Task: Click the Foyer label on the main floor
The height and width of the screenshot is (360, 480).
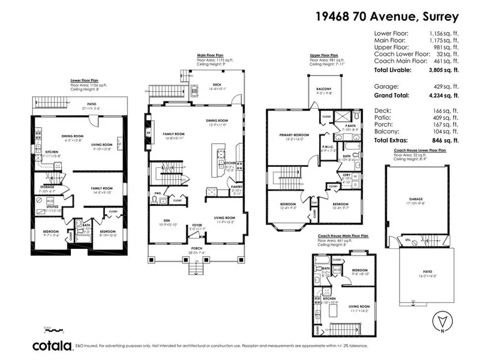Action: pyautogui.click(x=197, y=226)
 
